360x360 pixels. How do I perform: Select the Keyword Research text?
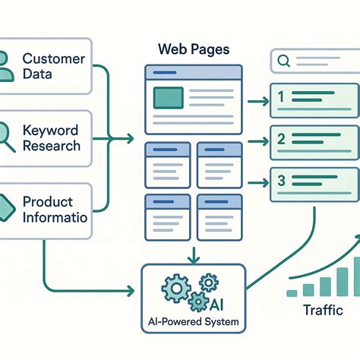click(x=52, y=138)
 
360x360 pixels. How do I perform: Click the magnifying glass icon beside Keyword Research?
click(x=6, y=137)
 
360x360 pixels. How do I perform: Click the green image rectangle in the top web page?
click(x=169, y=97)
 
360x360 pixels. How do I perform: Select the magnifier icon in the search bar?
click(x=283, y=61)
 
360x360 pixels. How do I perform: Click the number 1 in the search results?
click(x=280, y=97)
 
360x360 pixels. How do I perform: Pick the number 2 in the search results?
click(x=280, y=140)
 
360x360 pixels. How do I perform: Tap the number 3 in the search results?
click(x=280, y=182)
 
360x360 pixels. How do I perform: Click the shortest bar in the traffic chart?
click(x=292, y=292)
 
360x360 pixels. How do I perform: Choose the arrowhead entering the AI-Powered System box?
click(x=137, y=289)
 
